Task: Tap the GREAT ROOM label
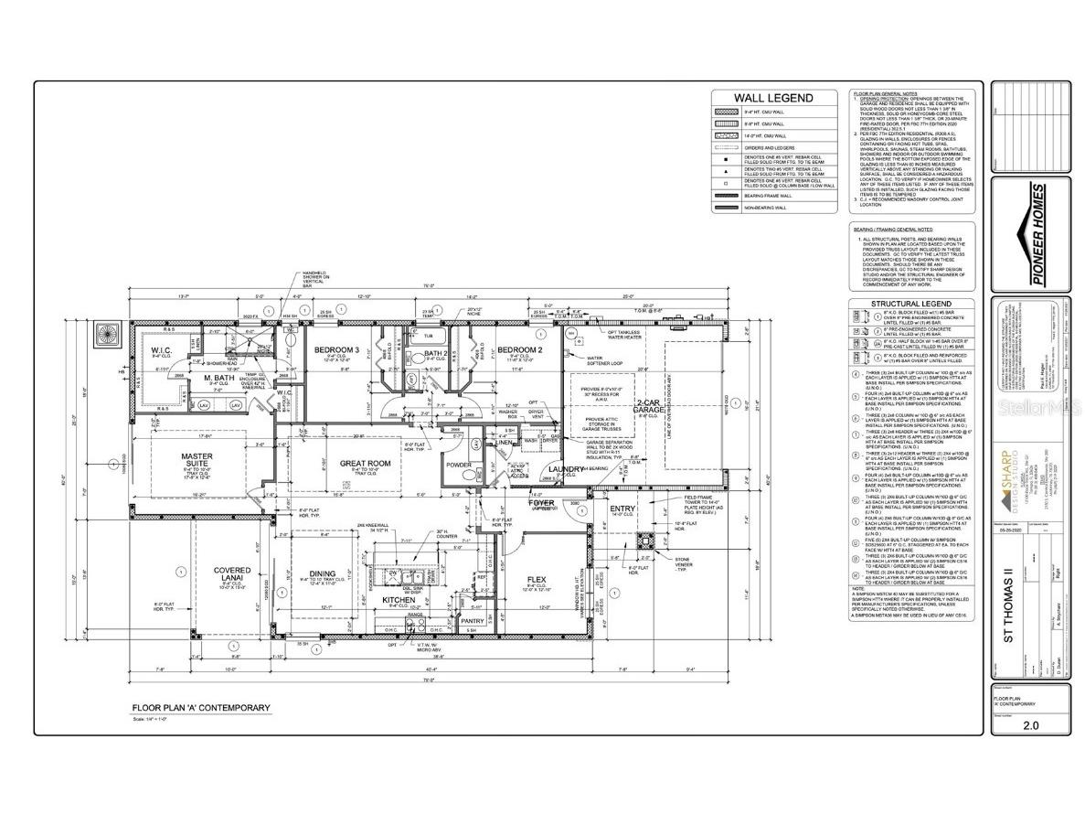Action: point(366,464)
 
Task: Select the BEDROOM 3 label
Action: point(337,350)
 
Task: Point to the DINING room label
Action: point(321,573)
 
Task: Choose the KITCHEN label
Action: point(399,599)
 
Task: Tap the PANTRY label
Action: point(472,621)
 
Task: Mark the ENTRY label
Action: point(622,509)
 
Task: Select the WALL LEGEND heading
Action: point(773,98)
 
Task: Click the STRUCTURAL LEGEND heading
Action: point(909,304)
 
